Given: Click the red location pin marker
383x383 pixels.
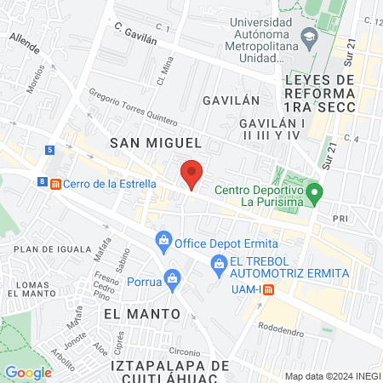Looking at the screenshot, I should point(192,174).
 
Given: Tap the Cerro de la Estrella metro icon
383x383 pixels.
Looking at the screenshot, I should point(56,184).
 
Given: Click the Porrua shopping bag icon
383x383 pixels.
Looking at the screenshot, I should point(173,278).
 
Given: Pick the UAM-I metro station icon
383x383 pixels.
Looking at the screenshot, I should point(268,289).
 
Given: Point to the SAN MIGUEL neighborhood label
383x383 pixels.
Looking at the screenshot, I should point(156,144).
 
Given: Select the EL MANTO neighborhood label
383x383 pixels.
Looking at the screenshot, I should point(142,313).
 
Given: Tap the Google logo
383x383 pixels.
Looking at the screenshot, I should point(28,372).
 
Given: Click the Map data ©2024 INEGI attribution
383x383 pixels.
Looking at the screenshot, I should point(332,376).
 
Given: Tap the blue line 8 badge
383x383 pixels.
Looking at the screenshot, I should point(42,181).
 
